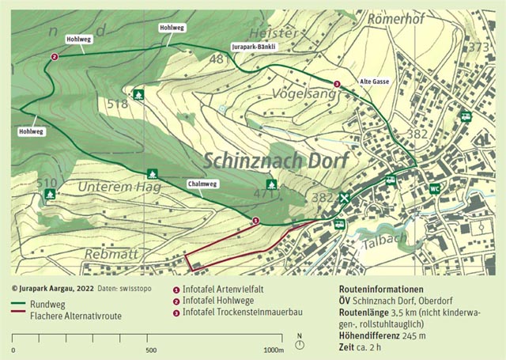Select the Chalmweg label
tap(202, 184)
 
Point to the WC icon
tap(434, 188)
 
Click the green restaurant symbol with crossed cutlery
tap(344, 198)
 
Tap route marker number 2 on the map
tap(54, 56)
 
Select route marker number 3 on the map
tap(337, 84)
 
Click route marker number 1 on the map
tap(255, 221)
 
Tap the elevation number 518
tap(117, 104)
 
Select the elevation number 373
tap(478, 47)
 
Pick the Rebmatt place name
tap(111, 254)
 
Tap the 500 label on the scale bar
tap(150, 350)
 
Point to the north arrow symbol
tap(300, 346)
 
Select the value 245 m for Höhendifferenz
tap(417, 335)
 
